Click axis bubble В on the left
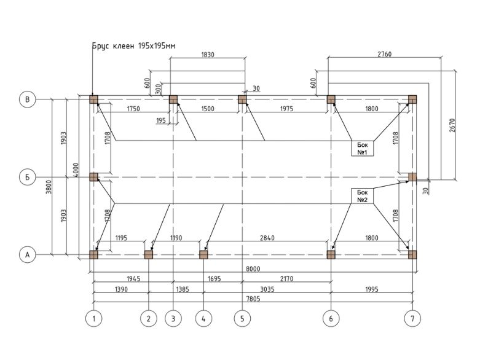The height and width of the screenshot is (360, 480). click(27, 100)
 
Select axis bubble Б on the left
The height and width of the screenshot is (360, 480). click(27, 177)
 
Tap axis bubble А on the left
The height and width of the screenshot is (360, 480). click(27, 254)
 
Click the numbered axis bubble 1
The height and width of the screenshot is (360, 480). click(93, 319)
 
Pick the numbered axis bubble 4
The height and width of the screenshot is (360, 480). click(203, 319)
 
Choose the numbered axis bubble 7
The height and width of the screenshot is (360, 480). click(412, 319)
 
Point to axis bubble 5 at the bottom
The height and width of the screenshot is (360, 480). click(242, 319)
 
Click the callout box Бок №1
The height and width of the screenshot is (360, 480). click(363, 148)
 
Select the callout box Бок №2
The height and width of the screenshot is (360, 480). click(363, 196)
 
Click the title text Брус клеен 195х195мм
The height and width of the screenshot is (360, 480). click(134, 46)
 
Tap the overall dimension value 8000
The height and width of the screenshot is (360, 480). click(253, 268)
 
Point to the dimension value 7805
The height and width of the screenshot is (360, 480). click(253, 299)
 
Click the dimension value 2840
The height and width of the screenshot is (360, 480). click(267, 238)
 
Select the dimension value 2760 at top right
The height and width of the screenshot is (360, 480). click(385, 55)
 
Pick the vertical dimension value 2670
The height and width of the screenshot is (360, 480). click(453, 125)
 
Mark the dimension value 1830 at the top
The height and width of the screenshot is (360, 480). click(208, 55)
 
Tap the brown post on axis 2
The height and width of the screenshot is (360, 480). click(149, 254)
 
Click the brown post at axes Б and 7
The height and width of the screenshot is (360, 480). click(412, 177)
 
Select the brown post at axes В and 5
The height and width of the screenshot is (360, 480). click(242, 100)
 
